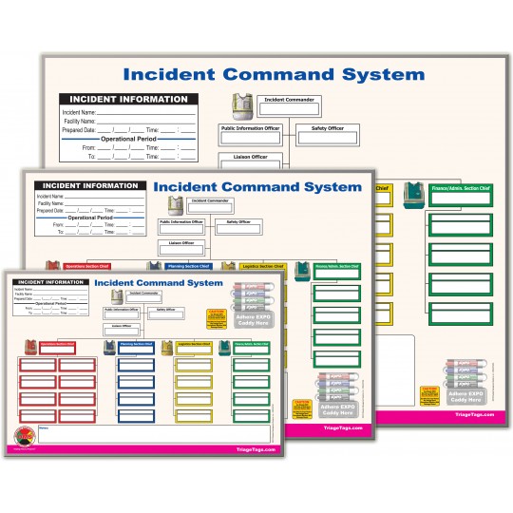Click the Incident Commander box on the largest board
(x=291, y=101)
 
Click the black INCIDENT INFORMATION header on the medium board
(x=88, y=185)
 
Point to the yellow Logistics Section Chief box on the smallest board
(x=196, y=344)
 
